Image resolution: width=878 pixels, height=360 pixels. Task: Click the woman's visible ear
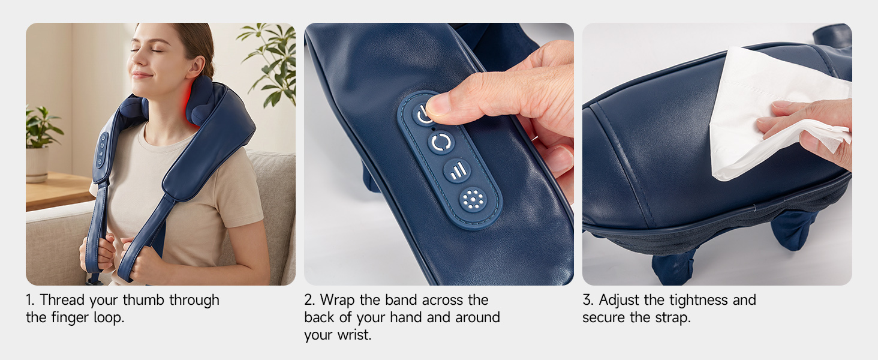[x=197, y=67]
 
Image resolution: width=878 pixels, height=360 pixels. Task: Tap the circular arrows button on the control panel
[x=441, y=142]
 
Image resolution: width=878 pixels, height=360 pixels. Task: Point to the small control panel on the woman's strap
[x=101, y=151]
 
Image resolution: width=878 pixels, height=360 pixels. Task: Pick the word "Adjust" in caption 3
[x=620, y=301]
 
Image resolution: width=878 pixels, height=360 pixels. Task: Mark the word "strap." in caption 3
[x=673, y=317]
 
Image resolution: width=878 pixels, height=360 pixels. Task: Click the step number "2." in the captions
[x=309, y=301]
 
